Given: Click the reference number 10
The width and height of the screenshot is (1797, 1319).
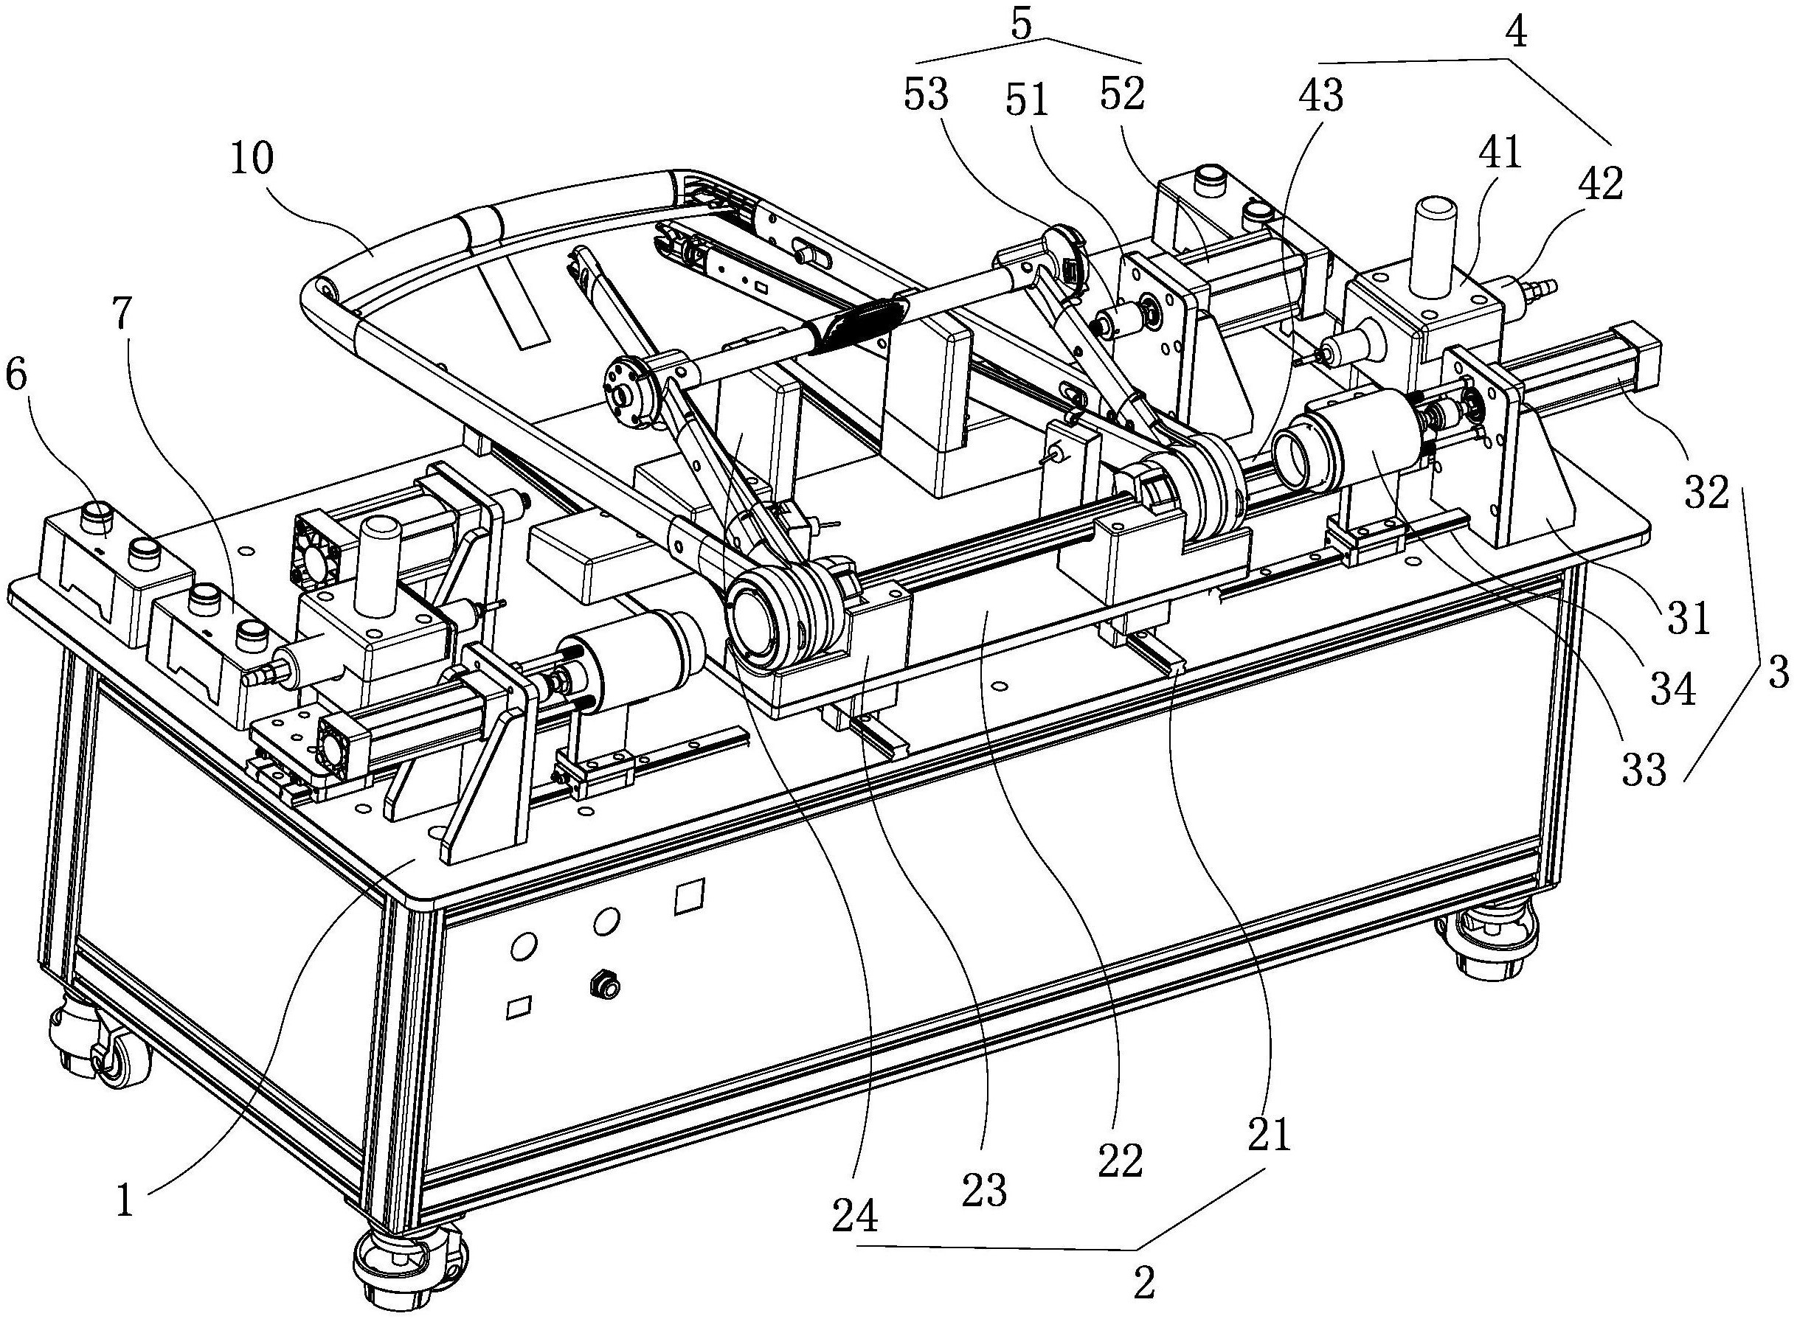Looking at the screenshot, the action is tap(252, 160).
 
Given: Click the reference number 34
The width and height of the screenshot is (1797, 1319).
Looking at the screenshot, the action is tap(1673, 688).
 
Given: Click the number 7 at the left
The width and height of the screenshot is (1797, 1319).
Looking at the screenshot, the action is tap(122, 316).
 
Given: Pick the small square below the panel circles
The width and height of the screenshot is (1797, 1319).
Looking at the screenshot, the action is tap(519, 1004).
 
